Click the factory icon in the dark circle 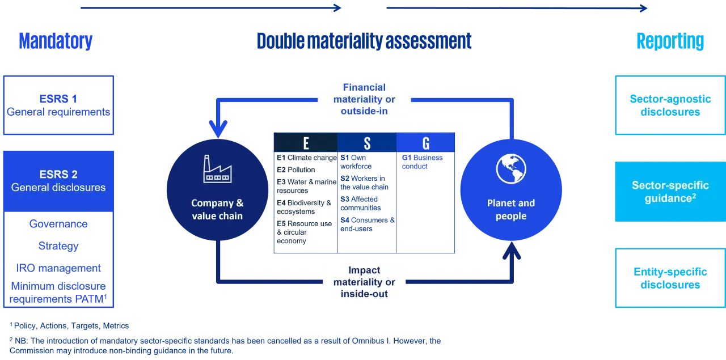tap(217, 169)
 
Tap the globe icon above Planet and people tap(511, 169)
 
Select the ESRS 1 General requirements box tap(58, 105)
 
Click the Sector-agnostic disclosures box tap(670, 105)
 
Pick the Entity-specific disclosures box tap(670, 278)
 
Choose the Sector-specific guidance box tap(670, 192)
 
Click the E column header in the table tap(306, 142)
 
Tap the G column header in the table tap(425, 142)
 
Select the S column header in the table tap(367, 142)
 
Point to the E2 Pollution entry tap(296, 170)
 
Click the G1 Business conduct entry tap(423, 162)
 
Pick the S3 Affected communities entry tap(360, 204)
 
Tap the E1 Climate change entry tap(307, 158)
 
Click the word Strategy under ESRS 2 tap(58, 246)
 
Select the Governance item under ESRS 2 tap(58, 224)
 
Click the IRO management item tap(58, 268)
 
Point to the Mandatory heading tap(56, 41)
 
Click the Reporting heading tap(670, 41)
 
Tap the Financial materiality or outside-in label tap(364, 99)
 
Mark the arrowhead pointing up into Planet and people tap(512, 251)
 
